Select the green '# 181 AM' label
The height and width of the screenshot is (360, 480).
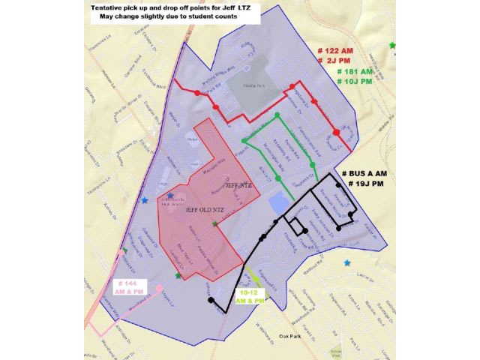tap(355, 71)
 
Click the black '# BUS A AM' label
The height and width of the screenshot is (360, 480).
tap(367, 173)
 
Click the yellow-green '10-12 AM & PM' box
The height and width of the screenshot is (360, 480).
tap(250, 296)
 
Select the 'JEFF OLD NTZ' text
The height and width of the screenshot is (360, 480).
tap(205, 210)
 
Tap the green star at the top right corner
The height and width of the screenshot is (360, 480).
tap(392, 46)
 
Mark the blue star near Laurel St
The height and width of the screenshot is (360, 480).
tap(346, 263)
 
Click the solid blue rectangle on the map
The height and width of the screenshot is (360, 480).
tap(277, 201)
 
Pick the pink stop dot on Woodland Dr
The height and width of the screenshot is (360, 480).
tap(160, 289)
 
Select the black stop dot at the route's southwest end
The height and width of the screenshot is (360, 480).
tap(211, 301)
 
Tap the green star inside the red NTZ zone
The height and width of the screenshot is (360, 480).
tap(215, 224)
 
